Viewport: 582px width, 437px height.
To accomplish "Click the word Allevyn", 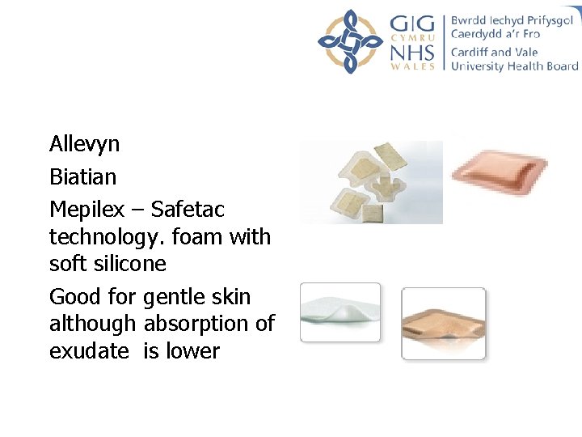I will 84,145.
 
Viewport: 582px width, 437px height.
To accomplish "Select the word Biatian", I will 82,176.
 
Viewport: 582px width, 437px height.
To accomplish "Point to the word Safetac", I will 188,210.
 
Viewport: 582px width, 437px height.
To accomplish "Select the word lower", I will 194,351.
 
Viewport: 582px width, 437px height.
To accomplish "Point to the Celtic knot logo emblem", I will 349,41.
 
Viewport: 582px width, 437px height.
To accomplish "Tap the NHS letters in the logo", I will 412,51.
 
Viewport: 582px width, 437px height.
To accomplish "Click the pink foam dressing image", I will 500,172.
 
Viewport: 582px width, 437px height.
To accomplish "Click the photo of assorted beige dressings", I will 371,182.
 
